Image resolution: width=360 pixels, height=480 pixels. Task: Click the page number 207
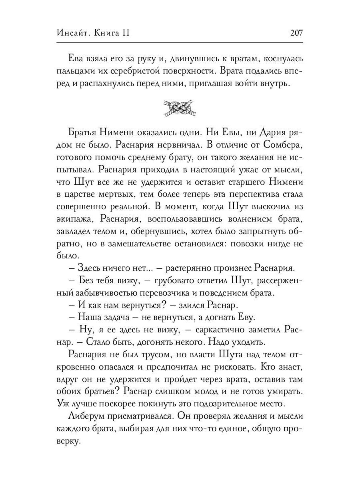tap(295, 33)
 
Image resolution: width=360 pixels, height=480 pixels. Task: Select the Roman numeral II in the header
tap(126, 33)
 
